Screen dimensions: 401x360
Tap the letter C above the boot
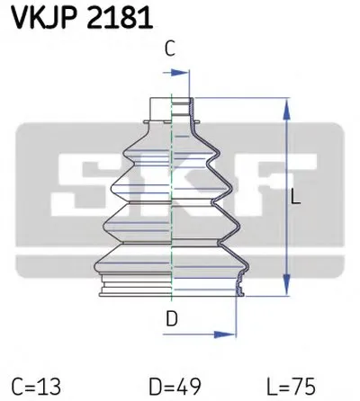[x=168, y=50]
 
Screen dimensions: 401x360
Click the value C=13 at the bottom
[x=39, y=386]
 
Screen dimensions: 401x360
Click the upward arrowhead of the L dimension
[x=286, y=105]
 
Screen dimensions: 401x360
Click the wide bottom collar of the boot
[x=171, y=283]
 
